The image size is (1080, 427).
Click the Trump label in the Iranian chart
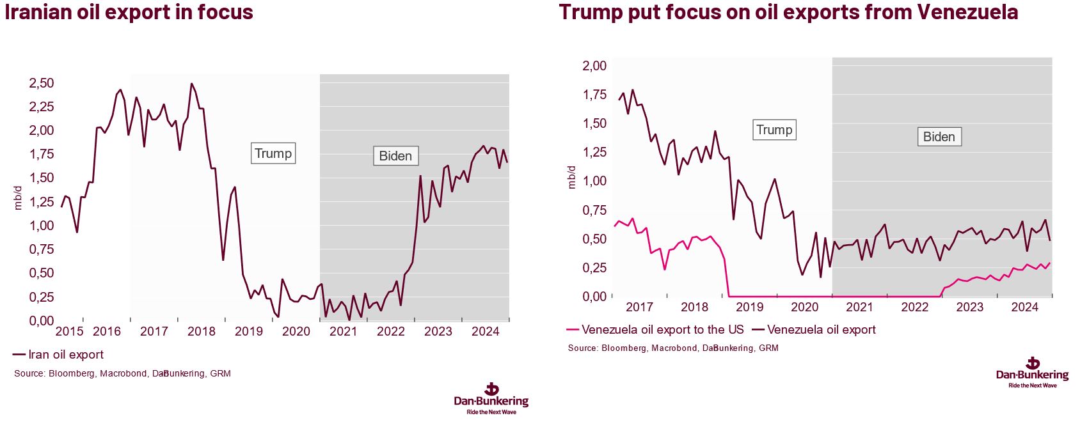point(273,153)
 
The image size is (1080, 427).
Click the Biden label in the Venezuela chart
point(939,137)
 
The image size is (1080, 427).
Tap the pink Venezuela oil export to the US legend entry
point(655,330)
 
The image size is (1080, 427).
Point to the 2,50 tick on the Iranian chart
point(42,83)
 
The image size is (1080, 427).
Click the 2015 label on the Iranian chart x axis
point(69,331)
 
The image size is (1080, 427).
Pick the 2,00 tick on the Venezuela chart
point(594,66)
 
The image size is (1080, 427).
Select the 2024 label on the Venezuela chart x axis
point(1024,307)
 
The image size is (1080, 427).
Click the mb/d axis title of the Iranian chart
point(18,198)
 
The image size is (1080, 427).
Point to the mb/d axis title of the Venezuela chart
point(571,177)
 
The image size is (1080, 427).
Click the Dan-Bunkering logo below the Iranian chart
point(491,398)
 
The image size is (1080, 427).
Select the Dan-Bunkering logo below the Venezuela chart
point(1032,372)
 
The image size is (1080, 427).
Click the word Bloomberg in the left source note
point(71,373)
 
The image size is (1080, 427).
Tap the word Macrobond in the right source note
point(673,348)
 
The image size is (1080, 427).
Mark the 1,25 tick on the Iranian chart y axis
point(42,202)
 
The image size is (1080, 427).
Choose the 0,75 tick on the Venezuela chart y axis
point(594,210)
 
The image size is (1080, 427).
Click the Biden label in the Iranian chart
point(395,156)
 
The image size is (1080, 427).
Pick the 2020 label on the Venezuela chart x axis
point(804,307)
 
